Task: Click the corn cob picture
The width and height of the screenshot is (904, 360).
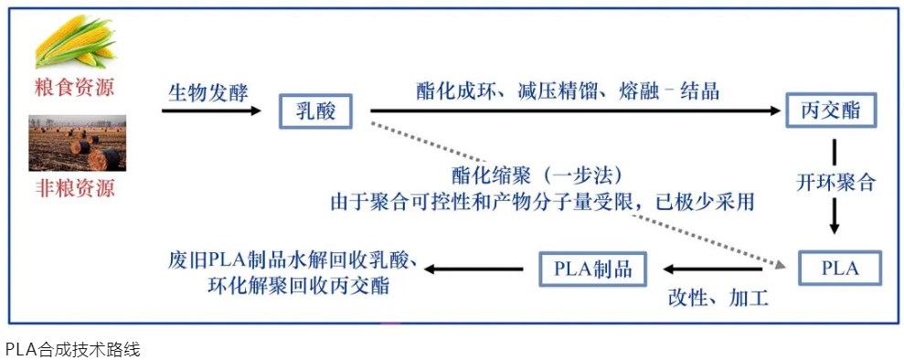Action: point(76,44)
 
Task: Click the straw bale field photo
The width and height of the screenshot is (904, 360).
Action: point(77,143)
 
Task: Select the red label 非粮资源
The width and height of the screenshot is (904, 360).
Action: point(76,190)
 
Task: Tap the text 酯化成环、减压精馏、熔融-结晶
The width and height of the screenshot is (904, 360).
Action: point(567,90)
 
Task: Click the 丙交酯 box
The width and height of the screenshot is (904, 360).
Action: point(832,111)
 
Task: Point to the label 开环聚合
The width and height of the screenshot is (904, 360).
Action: point(835,182)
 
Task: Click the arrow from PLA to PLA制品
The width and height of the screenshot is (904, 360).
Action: point(713,270)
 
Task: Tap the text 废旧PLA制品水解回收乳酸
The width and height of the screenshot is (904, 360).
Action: point(292,259)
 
